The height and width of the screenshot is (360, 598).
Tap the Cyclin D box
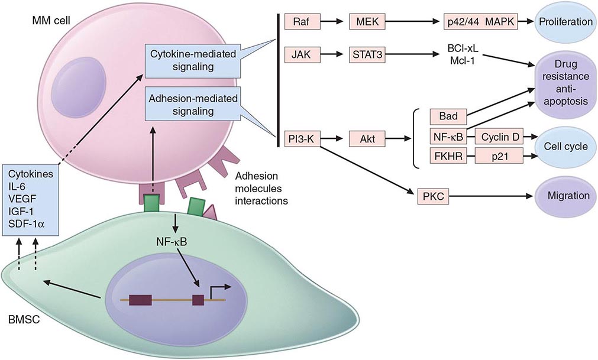click(x=500, y=138)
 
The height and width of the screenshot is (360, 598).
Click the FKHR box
click(x=449, y=158)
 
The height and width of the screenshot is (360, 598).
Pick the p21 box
click(x=500, y=158)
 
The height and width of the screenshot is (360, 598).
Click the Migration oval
click(x=564, y=195)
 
